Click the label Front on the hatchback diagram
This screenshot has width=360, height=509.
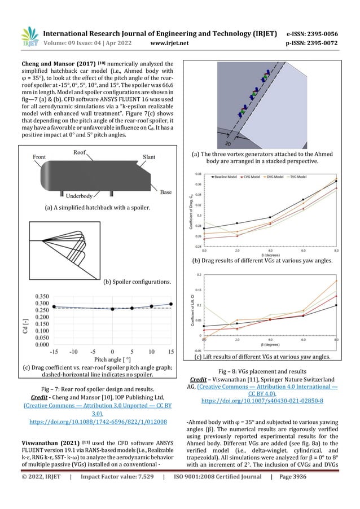point(39,157)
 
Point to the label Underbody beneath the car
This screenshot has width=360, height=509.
point(79,196)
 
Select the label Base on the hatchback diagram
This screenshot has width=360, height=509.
point(166,192)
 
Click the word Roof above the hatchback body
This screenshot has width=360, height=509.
point(79,152)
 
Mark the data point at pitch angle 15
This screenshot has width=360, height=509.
point(171,304)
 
